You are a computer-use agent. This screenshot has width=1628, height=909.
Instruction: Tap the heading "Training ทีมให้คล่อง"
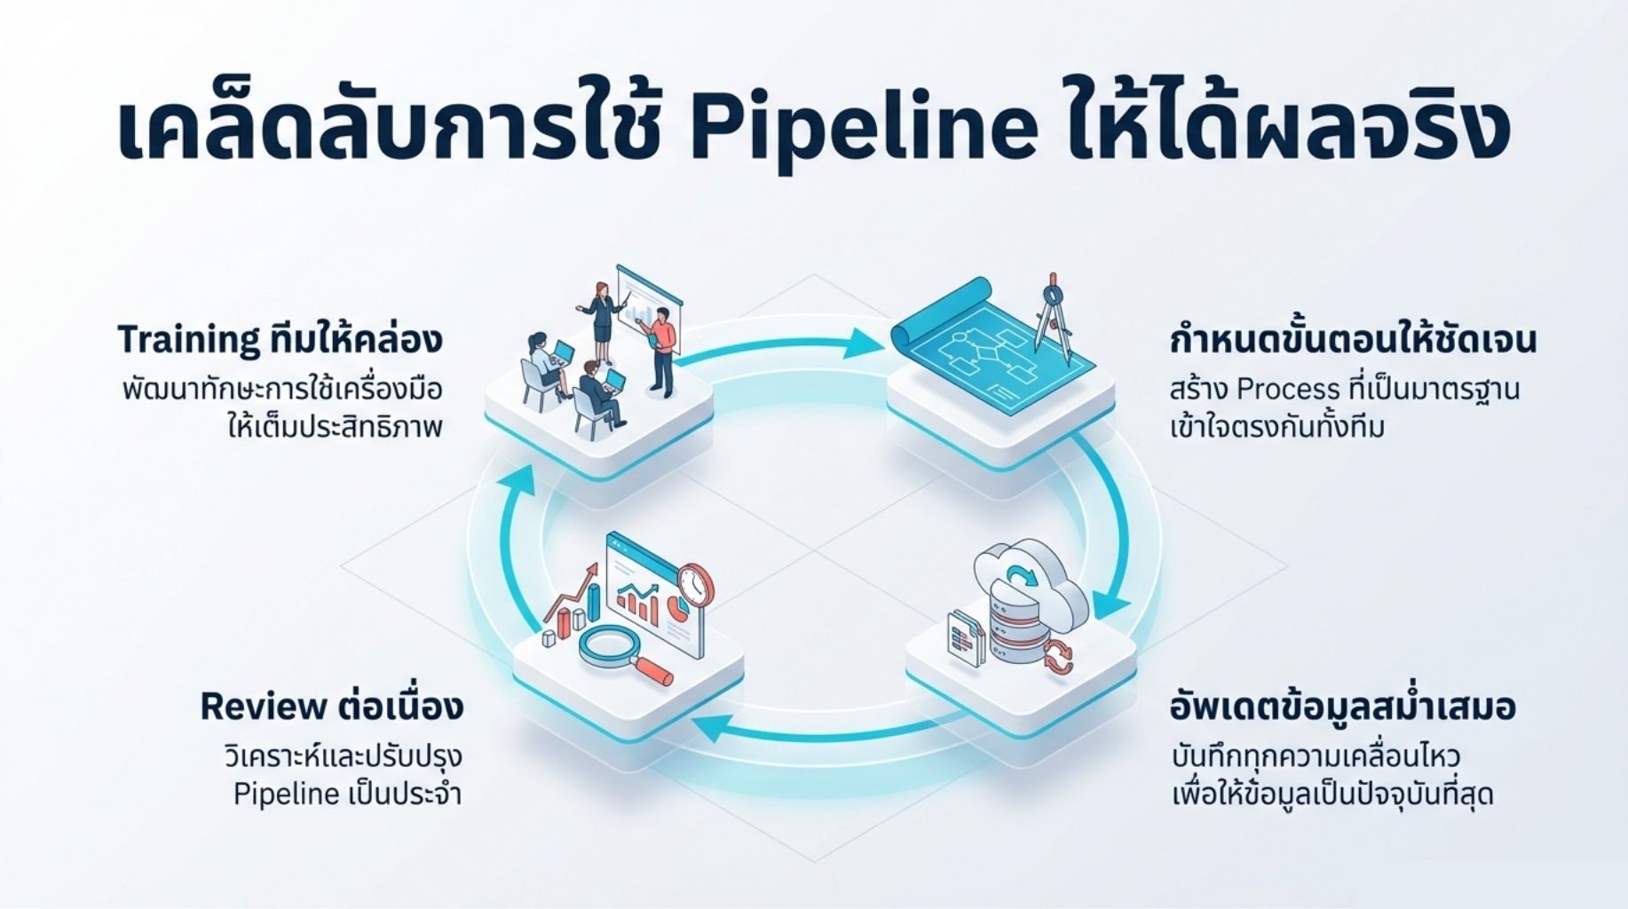pyautogui.click(x=280, y=339)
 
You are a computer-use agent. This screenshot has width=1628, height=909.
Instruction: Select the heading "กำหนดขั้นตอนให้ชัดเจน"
pyautogui.click(x=1353, y=339)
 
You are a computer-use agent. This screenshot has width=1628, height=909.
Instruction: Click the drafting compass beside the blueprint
pyautogui.click(x=1053, y=317)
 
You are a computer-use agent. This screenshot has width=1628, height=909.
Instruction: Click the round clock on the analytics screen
pyautogui.click(x=694, y=585)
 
